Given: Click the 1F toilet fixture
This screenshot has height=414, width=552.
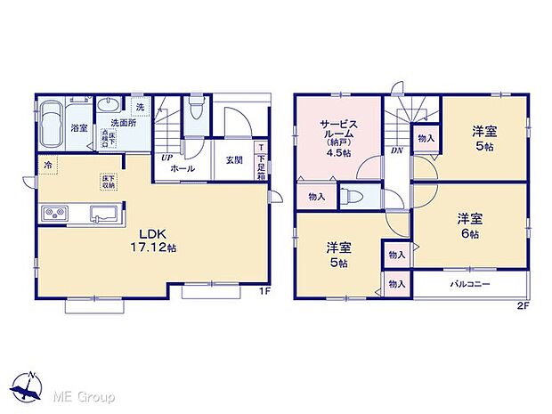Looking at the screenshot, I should coord(195,111).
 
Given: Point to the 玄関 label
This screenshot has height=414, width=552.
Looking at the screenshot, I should coord(234,160).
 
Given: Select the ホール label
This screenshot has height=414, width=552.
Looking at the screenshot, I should coord(183,167).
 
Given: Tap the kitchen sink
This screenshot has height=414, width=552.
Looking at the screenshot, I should coord(101,214).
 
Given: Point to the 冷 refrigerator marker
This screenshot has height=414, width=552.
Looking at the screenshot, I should coord(46,165).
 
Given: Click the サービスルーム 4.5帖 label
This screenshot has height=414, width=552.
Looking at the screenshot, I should coord(339,137).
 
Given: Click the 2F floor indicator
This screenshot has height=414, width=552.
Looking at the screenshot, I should coord(522,306).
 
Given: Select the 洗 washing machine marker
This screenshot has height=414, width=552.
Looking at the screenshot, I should coord(140,108).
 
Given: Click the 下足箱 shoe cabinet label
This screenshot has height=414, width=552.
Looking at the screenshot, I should coord(261,159).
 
